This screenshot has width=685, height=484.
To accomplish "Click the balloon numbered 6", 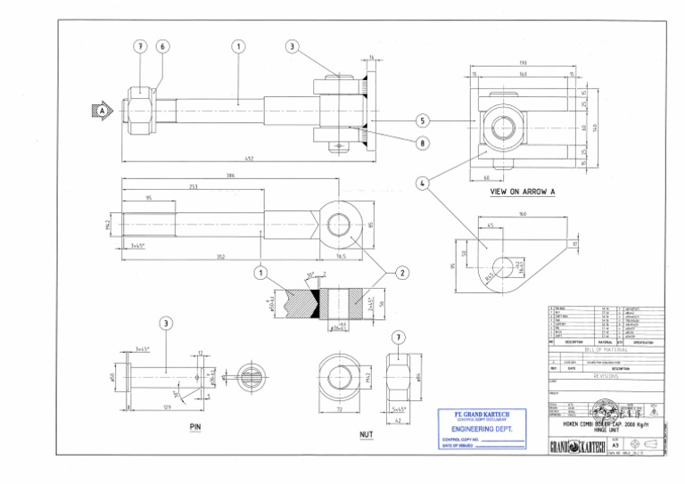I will (162, 46).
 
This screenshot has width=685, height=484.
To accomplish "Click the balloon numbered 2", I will (401, 272).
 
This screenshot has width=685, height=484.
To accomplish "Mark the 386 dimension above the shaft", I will (231, 176).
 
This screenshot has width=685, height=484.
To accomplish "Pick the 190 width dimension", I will (522, 63).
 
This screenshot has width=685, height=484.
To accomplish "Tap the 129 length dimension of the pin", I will (167, 407).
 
